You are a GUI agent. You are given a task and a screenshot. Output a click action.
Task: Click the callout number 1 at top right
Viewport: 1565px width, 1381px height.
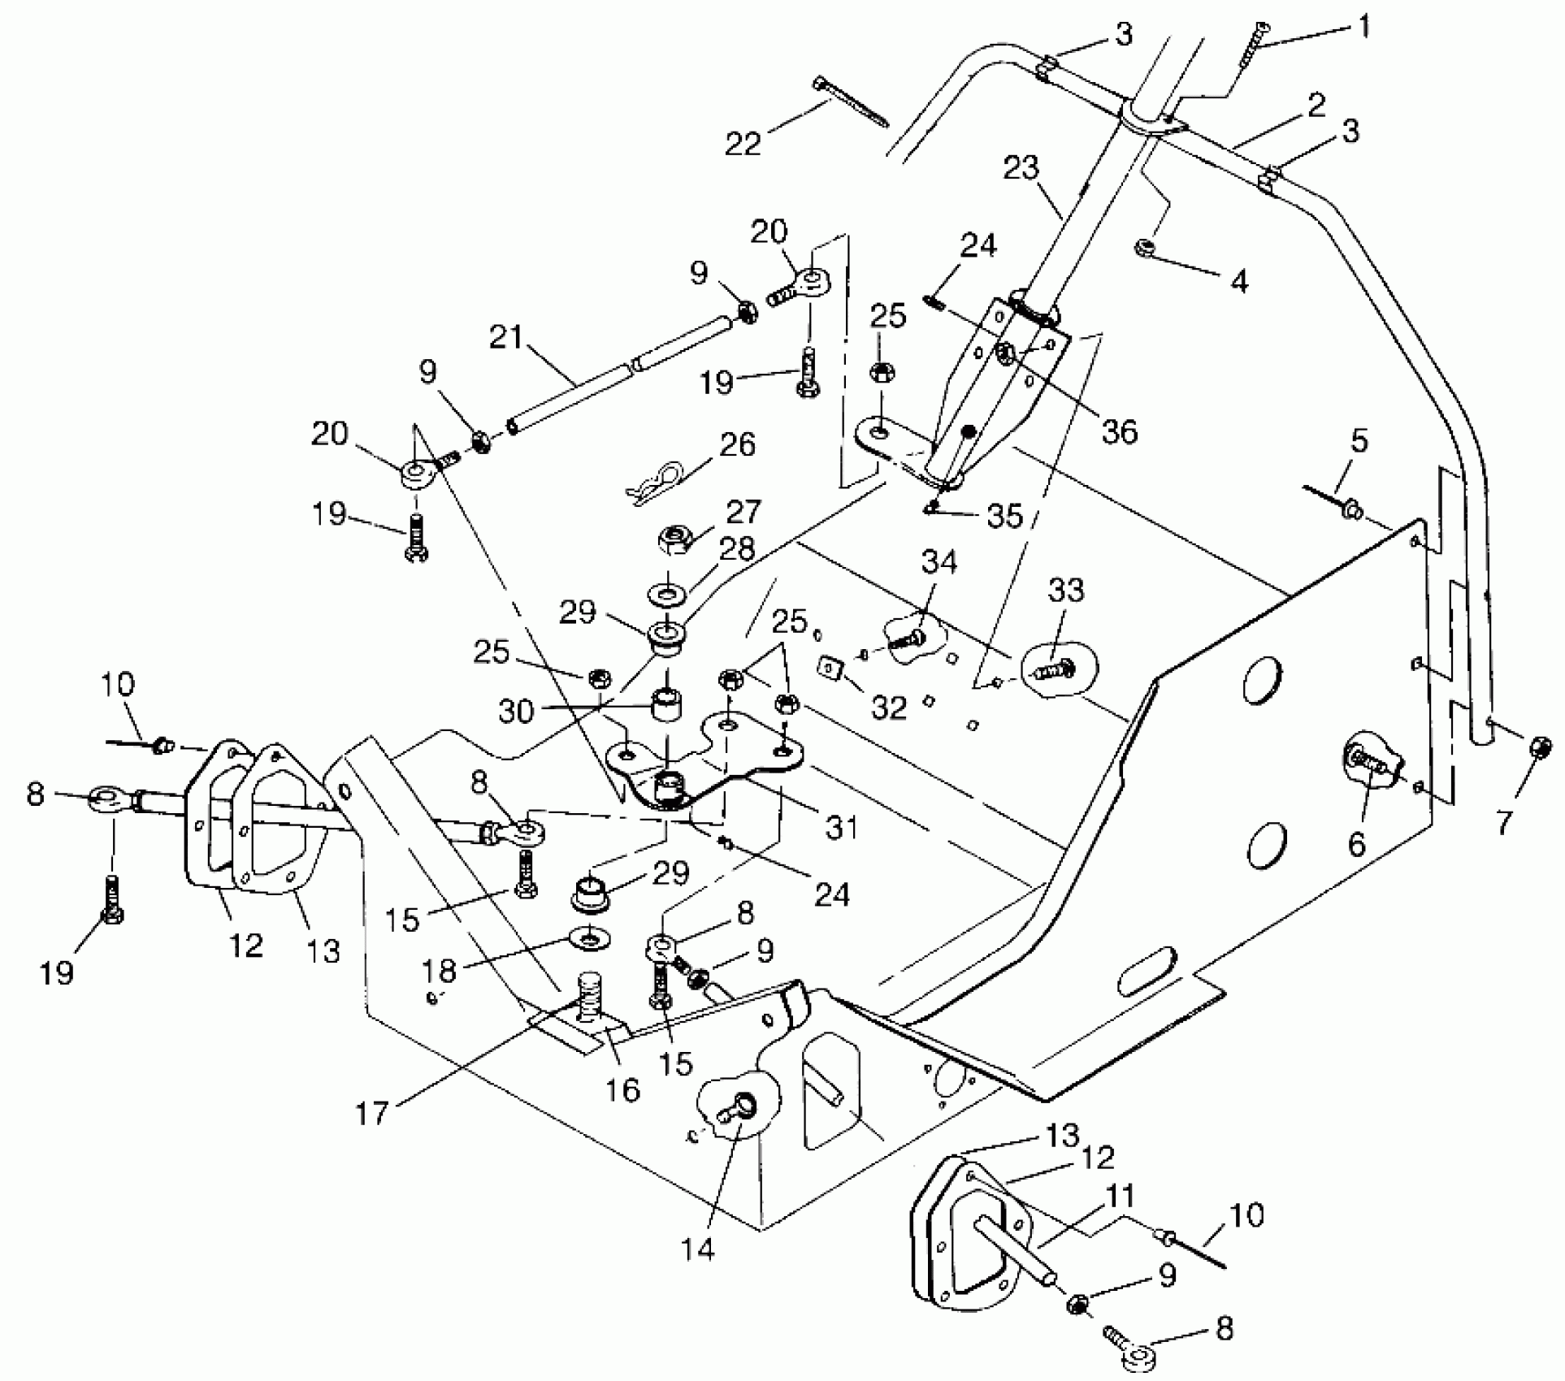pos(1364,27)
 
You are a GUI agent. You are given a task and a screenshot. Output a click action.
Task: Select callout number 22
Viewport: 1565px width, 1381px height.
pos(743,144)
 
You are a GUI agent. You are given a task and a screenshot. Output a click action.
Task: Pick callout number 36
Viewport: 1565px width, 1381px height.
pos(1119,431)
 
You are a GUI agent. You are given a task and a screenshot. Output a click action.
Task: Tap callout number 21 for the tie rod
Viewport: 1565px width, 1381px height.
pos(505,336)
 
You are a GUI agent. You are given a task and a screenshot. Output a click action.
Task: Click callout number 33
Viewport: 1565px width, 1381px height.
pos(1066,591)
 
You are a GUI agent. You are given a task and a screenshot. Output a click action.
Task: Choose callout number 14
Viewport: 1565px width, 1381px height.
pos(697,1248)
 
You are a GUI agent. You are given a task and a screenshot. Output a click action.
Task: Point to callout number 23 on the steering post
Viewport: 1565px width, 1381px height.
pos(1021,168)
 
